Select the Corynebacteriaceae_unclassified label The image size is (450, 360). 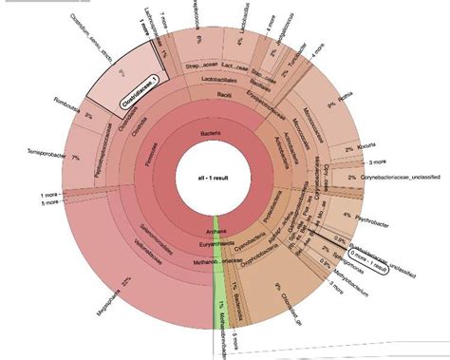click(398, 178)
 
